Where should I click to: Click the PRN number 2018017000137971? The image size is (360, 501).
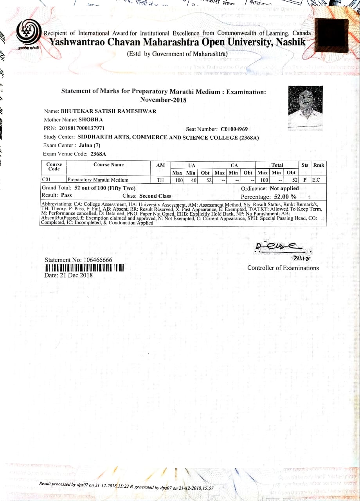(82, 128)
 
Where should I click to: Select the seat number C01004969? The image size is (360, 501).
(234, 129)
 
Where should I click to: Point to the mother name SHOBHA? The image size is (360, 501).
(90, 120)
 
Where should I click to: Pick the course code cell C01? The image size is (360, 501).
(46, 180)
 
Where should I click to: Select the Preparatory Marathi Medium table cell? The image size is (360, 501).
(98, 180)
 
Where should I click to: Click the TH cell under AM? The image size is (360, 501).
(160, 180)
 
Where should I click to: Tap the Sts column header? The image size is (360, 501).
(305, 165)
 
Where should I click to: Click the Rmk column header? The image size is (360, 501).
(319, 165)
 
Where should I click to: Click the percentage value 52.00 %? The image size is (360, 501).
(283, 196)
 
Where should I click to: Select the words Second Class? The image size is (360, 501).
(155, 196)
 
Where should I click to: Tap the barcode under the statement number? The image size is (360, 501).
(84, 268)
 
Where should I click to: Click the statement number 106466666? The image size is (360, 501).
(93, 260)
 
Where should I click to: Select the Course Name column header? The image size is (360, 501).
(108, 165)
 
